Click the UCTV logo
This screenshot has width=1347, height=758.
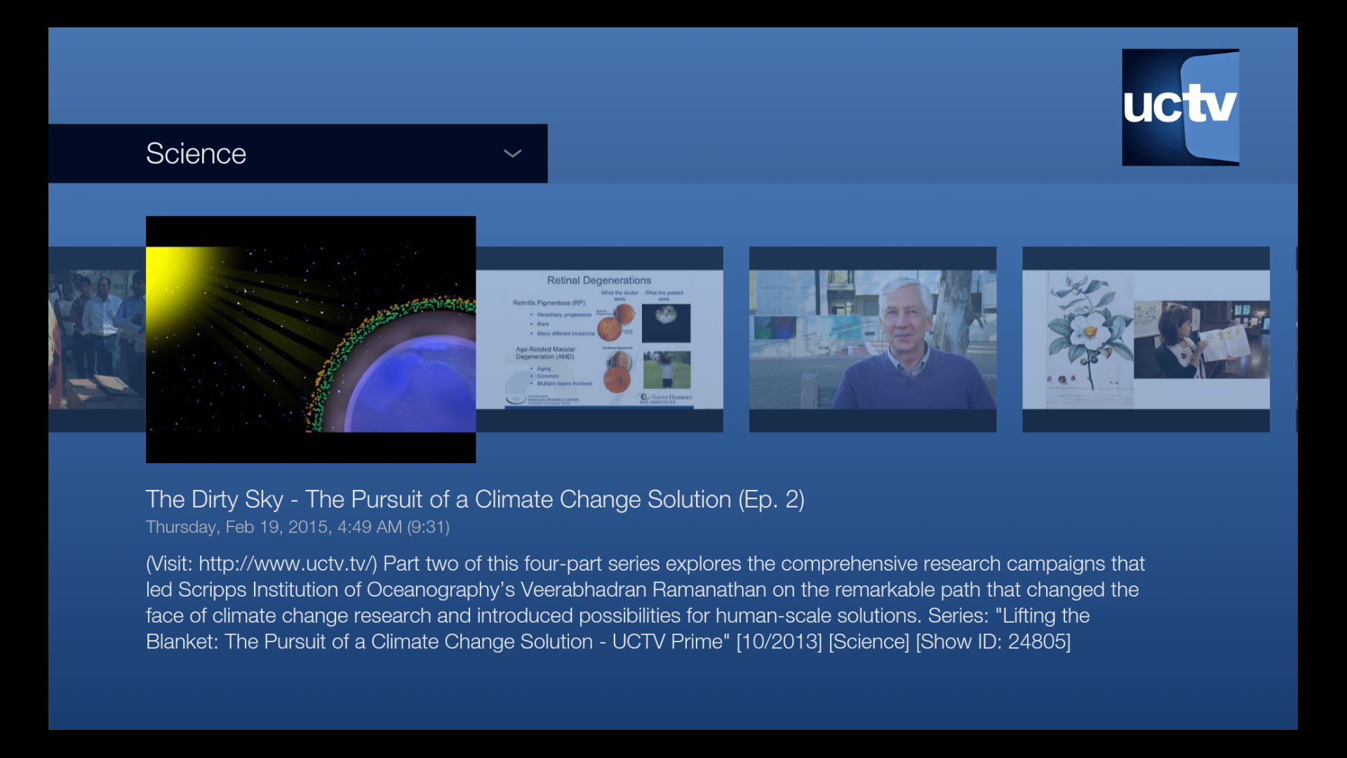pyautogui.click(x=1180, y=107)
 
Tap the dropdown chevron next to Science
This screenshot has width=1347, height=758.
pyautogui.click(x=513, y=154)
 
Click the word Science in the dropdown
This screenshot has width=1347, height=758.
pyautogui.click(x=196, y=154)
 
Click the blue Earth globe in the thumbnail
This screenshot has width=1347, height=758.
pyautogui.click(x=414, y=386)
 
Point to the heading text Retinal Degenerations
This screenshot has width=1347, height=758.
pyautogui.click(x=598, y=280)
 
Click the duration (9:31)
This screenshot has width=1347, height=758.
pyautogui.click(x=428, y=527)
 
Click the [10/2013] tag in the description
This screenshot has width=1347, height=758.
pyautogui.click(x=779, y=641)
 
